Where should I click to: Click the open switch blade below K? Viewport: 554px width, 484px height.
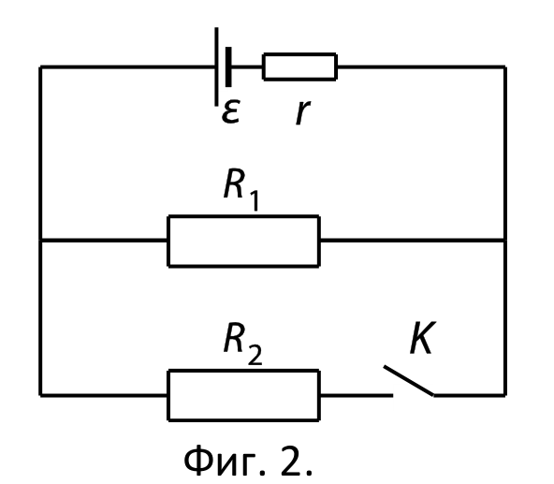point(409,381)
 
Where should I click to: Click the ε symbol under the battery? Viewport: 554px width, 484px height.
point(231,111)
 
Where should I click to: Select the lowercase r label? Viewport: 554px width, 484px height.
point(303,112)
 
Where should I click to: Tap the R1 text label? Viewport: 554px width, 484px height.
point(241,189)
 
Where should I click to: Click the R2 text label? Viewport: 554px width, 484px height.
point(242,343)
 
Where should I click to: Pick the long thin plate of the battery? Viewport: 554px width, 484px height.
point(216,66)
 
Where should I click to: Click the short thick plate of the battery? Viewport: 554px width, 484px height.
point(228,66)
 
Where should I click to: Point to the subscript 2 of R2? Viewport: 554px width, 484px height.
point(255,354)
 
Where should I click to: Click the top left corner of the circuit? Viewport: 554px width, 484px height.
point(40,66)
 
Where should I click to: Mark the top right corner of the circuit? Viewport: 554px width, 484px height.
point(505,66)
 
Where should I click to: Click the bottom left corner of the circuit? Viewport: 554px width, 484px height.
point(40,395)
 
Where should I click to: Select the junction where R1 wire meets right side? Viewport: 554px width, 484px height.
point(505,241)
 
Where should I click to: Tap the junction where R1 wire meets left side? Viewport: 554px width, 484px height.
point(40,241)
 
